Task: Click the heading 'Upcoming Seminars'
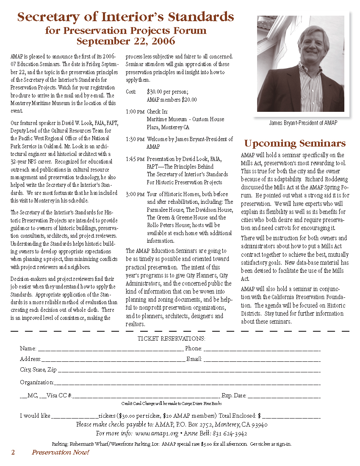pos(295,143)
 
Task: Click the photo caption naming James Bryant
pos(303,123)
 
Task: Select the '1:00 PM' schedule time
pos(135,111)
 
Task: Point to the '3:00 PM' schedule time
pos(135,194)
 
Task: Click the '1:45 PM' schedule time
pos(135,159)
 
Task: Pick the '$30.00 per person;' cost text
pos(167,92)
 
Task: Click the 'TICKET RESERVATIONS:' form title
pos(171,338)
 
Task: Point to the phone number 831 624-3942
pos(232,433)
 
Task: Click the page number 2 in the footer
pos(13,452)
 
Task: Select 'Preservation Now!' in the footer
pos(61,452)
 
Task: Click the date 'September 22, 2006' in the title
pos(126,41)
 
